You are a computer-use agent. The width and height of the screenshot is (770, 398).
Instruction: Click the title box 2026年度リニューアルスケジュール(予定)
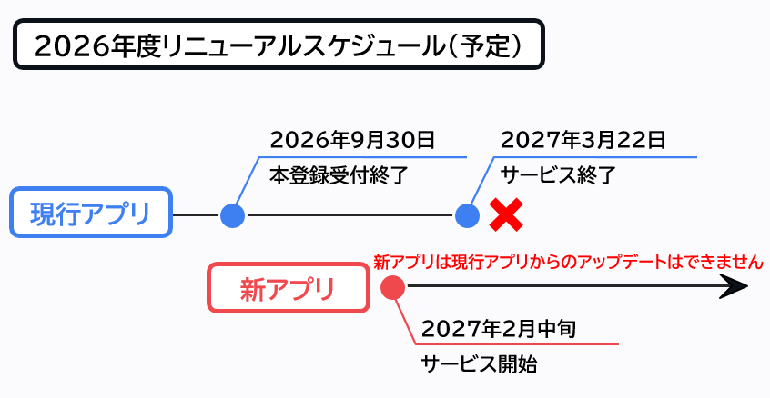tap(279, 45)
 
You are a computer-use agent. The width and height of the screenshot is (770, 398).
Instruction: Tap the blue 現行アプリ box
tap(91, 213)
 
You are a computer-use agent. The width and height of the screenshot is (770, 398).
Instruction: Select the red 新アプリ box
tap(289, 288)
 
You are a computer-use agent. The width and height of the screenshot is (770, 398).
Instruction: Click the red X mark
tap(506, 214)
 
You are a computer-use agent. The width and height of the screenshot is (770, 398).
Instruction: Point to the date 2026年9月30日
tap(352, 140)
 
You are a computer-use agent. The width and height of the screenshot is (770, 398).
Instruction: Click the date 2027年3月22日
tap(583, 140)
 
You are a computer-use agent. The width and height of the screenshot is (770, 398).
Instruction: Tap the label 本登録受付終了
tap(339, 175)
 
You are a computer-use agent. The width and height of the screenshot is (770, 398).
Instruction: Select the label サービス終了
tap(558, 175)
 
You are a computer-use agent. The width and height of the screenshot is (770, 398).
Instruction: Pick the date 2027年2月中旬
tap(499, 329)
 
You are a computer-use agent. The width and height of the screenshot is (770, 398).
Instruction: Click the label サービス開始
tap(479, 364)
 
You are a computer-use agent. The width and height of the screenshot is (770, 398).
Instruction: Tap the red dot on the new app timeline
tap(393, 287)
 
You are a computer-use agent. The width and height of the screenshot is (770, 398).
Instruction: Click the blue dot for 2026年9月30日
tap(232, 215)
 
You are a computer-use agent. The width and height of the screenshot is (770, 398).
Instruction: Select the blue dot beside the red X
tap(467, 215)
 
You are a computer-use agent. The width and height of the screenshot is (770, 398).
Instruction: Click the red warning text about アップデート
tap(568, 263)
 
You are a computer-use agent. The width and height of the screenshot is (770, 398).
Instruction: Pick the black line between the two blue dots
tap(350, 214)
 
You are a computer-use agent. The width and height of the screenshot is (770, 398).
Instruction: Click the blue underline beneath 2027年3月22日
tap(595, 157)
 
